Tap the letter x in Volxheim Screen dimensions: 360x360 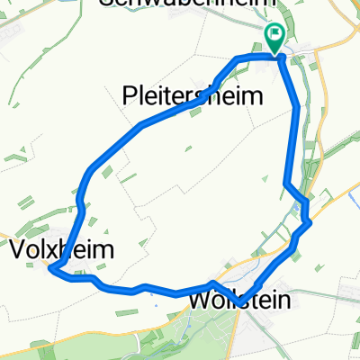(x=54, y=249)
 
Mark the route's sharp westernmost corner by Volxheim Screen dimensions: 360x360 (x=50, y=269)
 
